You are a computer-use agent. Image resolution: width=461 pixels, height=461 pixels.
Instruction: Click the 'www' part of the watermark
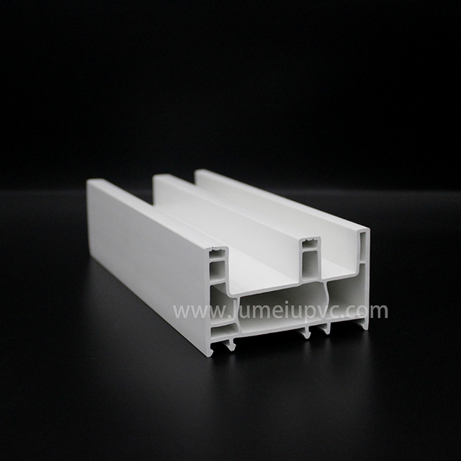pos(193,312)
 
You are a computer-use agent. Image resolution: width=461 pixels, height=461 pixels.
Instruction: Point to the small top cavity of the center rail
pos(309,243)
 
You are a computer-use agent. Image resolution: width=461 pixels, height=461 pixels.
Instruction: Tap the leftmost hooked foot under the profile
pos(229,346)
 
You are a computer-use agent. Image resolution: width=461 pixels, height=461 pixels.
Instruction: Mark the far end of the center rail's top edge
pos(158,176)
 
